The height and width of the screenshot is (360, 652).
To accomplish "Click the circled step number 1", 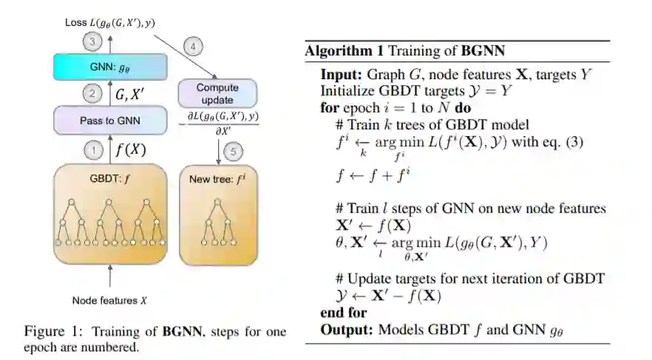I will [x=94, y=150].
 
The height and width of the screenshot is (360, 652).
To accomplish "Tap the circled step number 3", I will [x=92, y=41].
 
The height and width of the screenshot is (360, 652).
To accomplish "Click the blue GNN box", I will [x=111, y=67].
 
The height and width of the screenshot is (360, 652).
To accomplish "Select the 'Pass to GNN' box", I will [x=111, y=120].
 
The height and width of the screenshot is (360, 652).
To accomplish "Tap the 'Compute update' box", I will [x=217, y=93].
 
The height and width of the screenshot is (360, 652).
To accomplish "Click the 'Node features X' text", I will [x=110, y=300].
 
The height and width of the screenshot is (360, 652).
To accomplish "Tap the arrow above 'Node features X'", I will [x=110, y=278].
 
